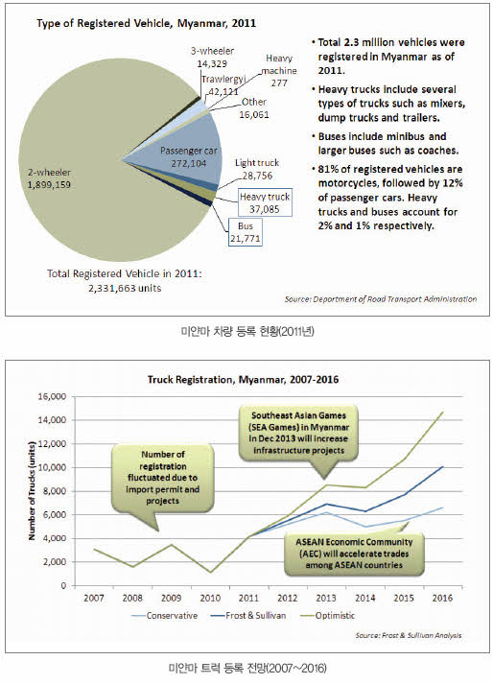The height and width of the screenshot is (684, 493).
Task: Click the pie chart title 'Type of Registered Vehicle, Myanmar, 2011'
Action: [146, 23]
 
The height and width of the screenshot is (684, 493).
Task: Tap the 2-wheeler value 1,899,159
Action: [49, 184]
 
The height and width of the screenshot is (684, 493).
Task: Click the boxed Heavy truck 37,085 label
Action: [265, 202]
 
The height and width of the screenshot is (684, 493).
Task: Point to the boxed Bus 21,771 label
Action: [246, 232]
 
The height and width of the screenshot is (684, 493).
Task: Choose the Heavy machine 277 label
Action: [279, 70]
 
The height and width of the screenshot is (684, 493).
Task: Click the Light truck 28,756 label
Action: [257, 169]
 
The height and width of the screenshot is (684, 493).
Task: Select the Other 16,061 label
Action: [254, 108]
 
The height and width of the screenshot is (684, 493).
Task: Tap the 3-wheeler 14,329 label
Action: [212, 58]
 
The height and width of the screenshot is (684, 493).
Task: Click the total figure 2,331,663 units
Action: [125, 288]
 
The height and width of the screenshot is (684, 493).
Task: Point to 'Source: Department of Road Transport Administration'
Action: [381, 299]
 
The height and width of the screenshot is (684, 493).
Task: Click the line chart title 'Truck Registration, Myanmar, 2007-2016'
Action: [243, 380]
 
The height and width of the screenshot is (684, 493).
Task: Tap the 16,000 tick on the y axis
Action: [52, 396]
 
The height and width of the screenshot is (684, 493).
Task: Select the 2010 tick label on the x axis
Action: [210, 598]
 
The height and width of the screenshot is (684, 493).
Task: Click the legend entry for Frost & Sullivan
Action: [247, 616]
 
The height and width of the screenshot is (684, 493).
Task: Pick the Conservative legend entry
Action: [164, 616]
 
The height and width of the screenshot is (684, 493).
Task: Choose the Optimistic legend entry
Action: [328, 616]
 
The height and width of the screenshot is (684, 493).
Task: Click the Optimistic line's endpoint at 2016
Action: [443, 412]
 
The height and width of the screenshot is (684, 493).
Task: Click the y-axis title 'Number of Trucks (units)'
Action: [32, 491]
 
